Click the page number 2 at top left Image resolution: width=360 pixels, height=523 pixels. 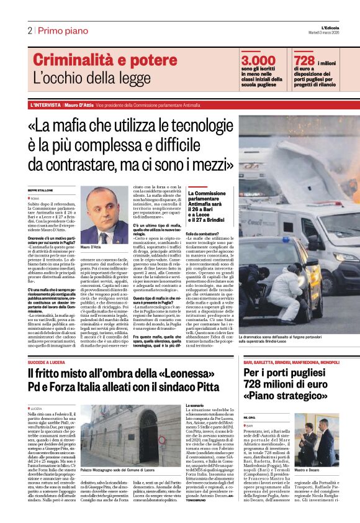(29, 30)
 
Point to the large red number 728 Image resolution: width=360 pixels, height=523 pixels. (305, 60)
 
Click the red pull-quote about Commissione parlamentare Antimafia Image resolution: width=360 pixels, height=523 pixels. (209, 204)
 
